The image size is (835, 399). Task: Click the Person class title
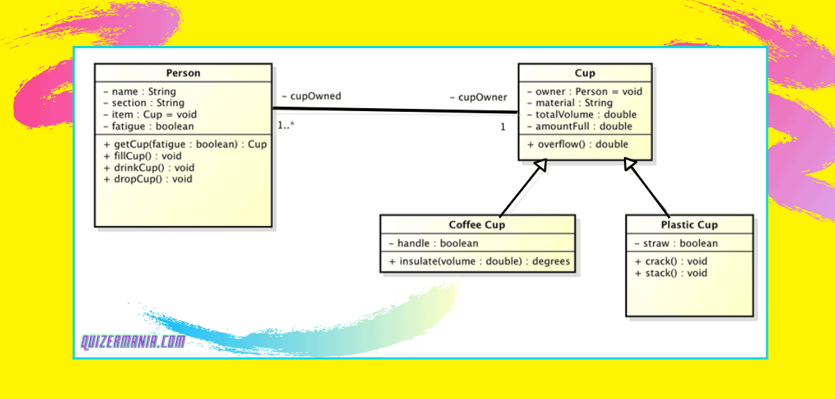pyautogui.click(x=183, y=73)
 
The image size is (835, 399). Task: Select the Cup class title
pyautogui.click(x=585, y=73)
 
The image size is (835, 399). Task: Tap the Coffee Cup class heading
pyautogui.click(x=477, y=224)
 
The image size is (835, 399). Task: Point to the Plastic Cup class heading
pyautogui.click(x=689, y=225)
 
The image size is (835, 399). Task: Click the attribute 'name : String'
pyautogui.click(x=140, y=91)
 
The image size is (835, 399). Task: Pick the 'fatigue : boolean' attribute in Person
pyautogui.click(x=148, y=126)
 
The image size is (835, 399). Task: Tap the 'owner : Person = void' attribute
pyautogui.click(x=584, y=91)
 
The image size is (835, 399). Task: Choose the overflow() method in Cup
pyautogui.click(x=577, y=144)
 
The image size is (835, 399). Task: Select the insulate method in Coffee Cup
pyautogui.click(x=479, y=261)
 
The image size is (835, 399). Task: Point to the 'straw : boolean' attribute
pyautogui.click(x=676, y=243)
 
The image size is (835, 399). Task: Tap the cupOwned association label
pyautogui.click(x=311, y=96)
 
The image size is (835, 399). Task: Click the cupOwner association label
pyautogui.click(x=478, y=97)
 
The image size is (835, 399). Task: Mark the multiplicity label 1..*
pyautogui.click(x=286, y=126)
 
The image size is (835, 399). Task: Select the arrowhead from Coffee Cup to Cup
pyautogui.click(x=540, y=166)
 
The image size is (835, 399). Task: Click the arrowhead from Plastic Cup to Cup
pyautogui.click(x=631, y=165)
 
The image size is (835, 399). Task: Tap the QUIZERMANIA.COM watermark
pyautogui.click(x=132, y=341)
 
